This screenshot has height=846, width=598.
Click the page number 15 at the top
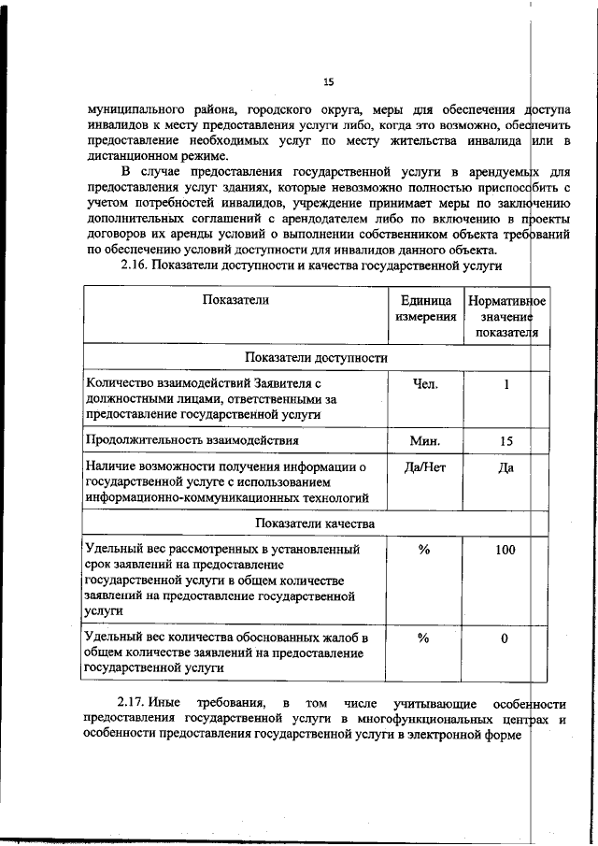328,81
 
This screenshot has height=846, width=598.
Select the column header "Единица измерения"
425,308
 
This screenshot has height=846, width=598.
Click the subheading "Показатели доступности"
316,357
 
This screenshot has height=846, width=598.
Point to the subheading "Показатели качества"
316,523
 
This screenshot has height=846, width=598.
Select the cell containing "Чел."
424,383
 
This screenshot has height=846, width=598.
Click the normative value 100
505,550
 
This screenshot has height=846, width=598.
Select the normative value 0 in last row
505,638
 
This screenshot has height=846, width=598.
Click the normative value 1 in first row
505,383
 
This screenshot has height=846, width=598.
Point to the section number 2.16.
135,265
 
